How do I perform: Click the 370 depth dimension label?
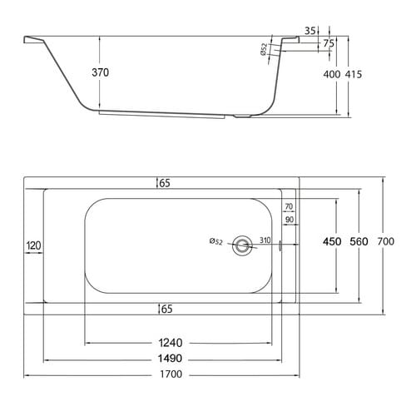point(101,72)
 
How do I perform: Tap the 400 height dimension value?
point(332,74)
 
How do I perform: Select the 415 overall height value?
point(354,74)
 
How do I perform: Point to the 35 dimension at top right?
point(310,31)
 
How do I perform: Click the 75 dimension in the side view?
point(329,43)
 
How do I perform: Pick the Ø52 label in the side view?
point(264,50)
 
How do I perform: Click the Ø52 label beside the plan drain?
point(215,241)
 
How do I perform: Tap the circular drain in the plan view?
point(242,245)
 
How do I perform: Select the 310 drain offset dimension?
point(265,240)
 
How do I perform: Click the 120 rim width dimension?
point(33,245)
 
